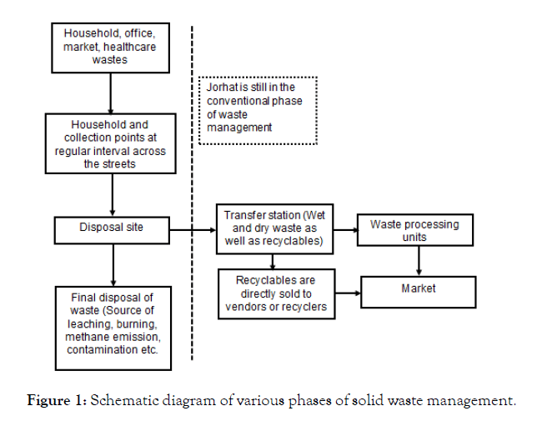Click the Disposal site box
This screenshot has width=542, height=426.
pos(112,227)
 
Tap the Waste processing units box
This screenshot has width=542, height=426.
pos(414,231)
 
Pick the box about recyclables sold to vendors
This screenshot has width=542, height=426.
pos(275,293)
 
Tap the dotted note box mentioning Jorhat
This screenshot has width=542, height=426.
pos(257,108)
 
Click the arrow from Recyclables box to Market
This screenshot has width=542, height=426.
pos(344,293)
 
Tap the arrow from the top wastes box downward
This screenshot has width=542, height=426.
pos(112,92)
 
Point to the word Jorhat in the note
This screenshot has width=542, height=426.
pos(220,87)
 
